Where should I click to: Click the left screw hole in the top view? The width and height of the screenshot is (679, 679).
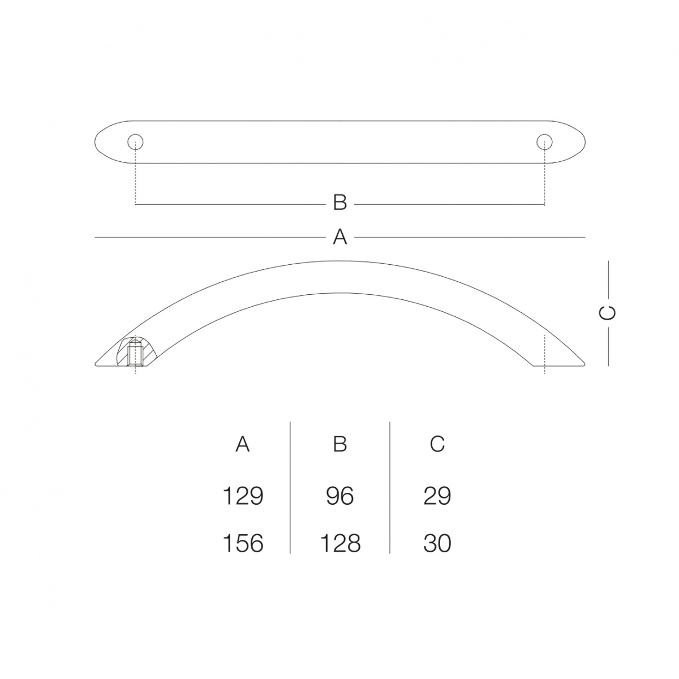click(135, 142)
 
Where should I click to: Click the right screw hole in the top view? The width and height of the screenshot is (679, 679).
click(544, 142)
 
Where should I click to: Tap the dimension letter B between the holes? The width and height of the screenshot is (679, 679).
click(340, 203)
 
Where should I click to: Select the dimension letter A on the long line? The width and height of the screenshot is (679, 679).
click(340, 237)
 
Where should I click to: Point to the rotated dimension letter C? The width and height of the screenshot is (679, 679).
click(608, 313)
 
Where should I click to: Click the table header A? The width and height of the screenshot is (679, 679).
click(243, 444)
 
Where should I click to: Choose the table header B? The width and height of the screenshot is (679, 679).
click(340, 444)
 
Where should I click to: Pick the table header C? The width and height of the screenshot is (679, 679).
click(437, 444)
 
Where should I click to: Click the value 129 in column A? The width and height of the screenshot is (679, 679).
click(243, 496)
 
